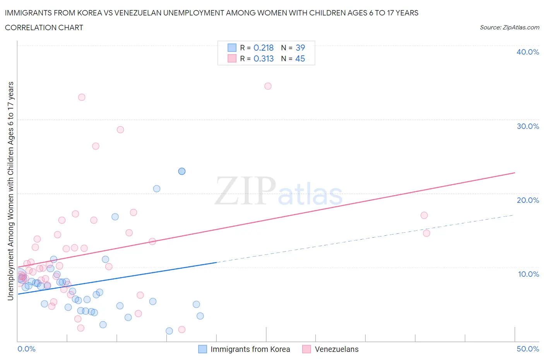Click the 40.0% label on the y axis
(527, 52)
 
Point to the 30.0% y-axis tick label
(527, 126)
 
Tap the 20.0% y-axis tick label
(527, 200)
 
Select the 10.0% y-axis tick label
(528, 274)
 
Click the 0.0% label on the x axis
(26, 349)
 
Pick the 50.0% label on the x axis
(527, 349)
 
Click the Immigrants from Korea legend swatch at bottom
(203, 349)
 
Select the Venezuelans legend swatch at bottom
(307, 349)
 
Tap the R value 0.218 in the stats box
(263, 48)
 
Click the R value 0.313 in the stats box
(263, 58)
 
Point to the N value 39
(300, 48)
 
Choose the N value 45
(300, 58)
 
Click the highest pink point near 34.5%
(268, 86)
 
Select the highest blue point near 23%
(182, 171)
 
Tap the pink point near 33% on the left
(82, 97)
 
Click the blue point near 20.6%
(157, 189)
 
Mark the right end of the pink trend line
(515, 173)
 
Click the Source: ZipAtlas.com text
(509, 27)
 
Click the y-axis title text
(10, 191)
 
